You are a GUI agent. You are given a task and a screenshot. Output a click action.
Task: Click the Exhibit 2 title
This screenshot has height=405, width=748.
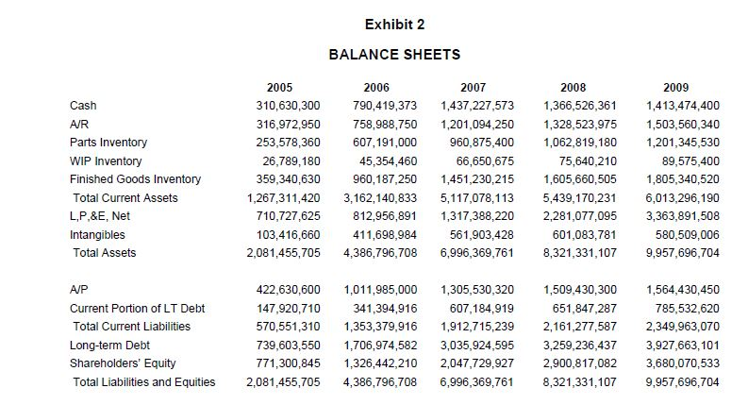(x=394, y=23)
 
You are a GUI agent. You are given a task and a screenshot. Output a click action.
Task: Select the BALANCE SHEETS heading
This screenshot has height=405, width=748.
(x=394, y=54)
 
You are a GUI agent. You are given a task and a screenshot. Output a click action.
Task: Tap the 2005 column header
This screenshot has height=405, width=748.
(x=280, y=87)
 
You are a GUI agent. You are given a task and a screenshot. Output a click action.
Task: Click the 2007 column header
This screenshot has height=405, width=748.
(x=478, y=87)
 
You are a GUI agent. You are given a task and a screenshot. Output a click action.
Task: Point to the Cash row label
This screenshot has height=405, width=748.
(x=83, y=105)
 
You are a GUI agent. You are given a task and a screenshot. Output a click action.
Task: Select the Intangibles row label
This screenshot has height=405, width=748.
(x=97, y=234)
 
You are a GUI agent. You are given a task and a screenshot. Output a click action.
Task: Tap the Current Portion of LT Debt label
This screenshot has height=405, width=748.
(x=138, y=308)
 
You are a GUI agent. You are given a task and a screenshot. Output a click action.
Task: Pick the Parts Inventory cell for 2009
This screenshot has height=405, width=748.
(x=682, y=142)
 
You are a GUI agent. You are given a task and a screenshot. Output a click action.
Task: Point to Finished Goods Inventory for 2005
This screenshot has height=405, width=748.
(x=283, y=178)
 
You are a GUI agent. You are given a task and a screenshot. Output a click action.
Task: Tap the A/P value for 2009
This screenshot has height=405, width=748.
(x=682, y=289)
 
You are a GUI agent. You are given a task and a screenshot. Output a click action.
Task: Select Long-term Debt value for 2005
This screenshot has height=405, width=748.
(x=283, y=345)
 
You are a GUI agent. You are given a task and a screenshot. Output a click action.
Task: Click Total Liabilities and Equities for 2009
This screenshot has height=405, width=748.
(x=682, y=381)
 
